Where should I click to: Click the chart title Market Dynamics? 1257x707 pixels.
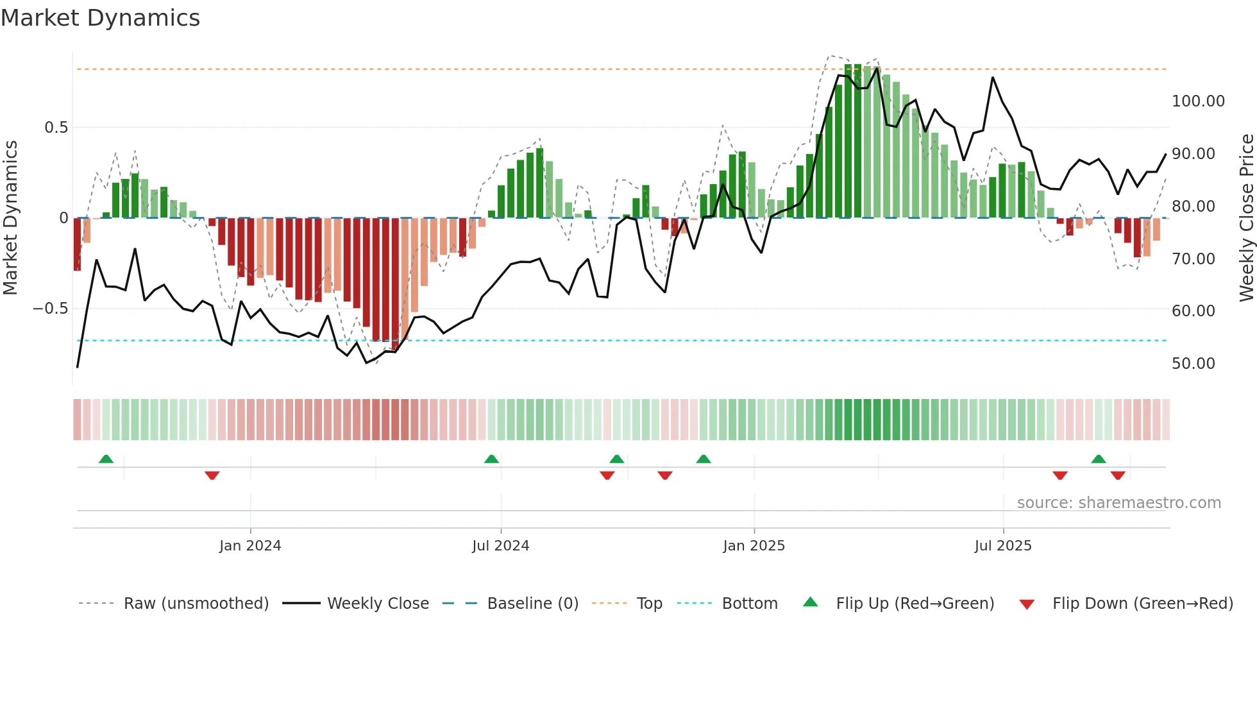101,18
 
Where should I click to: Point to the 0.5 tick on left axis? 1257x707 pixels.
56,128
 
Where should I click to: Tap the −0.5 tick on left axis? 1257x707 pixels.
51,309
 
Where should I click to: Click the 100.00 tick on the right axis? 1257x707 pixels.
1198,101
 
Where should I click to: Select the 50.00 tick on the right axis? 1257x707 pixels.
1193,364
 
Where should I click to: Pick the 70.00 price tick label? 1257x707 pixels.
1193,259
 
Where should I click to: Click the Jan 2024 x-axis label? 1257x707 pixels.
250,546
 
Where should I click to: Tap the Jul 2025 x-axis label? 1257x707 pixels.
1003,546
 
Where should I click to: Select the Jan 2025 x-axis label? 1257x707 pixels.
754,546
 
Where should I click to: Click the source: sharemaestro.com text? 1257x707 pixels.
1119,503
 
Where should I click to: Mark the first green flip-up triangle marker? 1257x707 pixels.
106,459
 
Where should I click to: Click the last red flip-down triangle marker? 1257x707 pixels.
1118,475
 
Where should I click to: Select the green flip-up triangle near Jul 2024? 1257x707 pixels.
491,459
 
